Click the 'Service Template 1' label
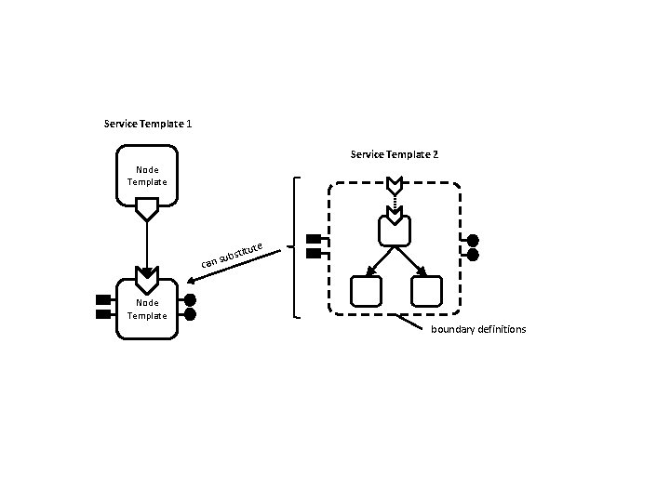click(149, 124)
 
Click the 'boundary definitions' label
click(478, 330)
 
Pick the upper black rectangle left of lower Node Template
click(102, 299)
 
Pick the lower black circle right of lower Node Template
click(191, 314)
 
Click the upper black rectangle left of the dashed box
click(314, 239)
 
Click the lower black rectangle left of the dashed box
click(314, 254)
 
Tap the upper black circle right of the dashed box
click(473, 240)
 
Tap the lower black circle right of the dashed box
click(473, 254)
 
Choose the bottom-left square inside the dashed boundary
click(366, 292)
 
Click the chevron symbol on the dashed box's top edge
click(395, 183)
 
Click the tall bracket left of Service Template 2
click(296, 247)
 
